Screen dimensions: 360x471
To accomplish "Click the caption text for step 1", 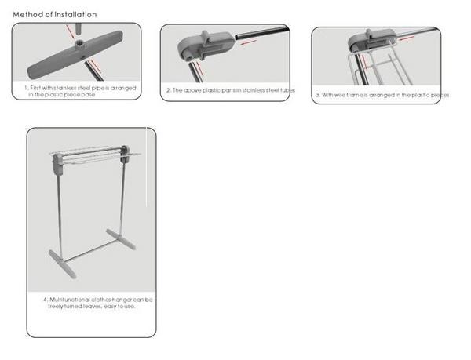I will [75, 91].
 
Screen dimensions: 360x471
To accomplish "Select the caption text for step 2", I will [229, 90].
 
